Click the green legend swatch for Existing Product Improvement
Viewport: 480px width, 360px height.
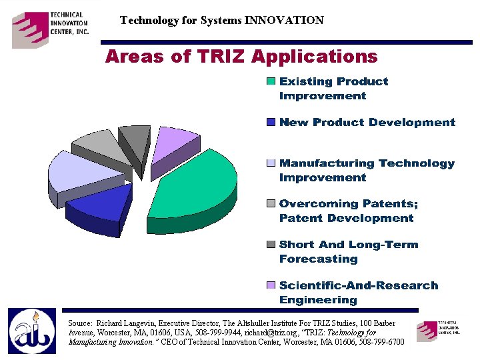[x=271, y=82]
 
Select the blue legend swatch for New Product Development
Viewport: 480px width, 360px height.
[x=271, y=123]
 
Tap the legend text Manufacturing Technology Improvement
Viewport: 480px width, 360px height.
[x=367, y=170]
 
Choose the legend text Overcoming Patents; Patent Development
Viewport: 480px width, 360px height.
[x=348, y=211]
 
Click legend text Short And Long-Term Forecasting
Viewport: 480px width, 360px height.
[x=348, y=251]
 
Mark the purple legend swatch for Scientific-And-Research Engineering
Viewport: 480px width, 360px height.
[x=271, y=285]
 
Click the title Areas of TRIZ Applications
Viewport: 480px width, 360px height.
[x=241, y=57]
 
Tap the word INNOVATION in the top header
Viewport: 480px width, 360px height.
[x=284, y=20]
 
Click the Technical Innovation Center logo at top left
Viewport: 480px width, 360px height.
[x=50, y=29]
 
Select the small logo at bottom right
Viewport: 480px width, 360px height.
[x=438, y=331]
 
